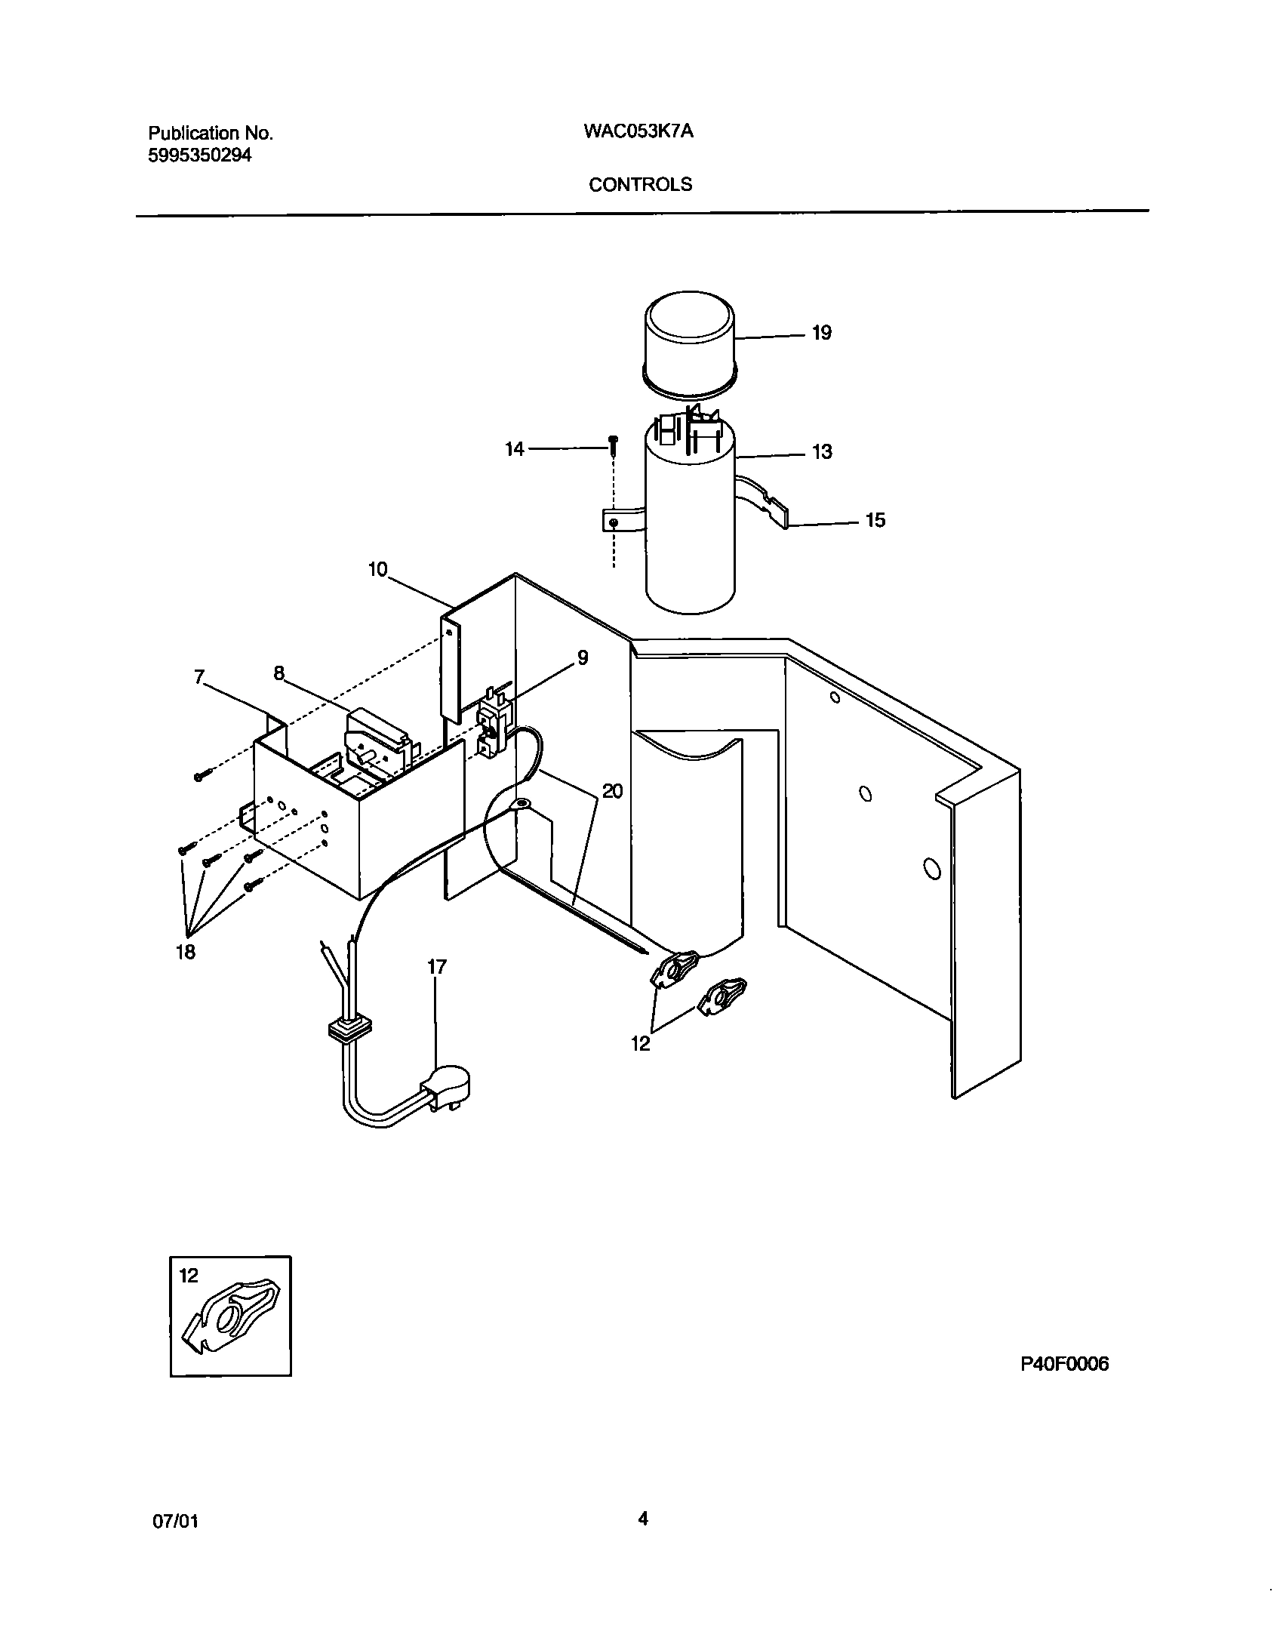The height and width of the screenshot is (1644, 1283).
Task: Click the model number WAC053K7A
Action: click(638, 131)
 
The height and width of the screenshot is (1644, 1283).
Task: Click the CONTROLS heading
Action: click(640, 185)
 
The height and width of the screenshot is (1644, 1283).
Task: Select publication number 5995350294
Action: click(200, 155)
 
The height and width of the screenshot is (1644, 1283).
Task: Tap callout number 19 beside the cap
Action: click(822, 333)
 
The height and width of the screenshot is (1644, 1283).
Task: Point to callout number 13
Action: click(822, 451)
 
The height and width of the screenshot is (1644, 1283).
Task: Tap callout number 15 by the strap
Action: click(875, 520)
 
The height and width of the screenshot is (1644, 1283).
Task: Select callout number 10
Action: click(377, 569)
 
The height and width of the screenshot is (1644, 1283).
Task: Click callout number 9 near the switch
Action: click(582, 657)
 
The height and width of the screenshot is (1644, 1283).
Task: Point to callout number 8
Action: click(279, 673)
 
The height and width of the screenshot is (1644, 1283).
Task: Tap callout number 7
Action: click(199, 677)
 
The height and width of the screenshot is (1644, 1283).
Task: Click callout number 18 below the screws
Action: click(186, 953)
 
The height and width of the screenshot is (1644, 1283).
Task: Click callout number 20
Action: click(612, 792)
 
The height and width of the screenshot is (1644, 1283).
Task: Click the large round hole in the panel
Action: click(932, 869)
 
